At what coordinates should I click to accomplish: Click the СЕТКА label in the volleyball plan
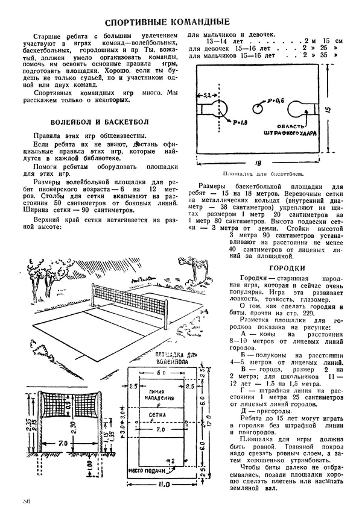159,415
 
